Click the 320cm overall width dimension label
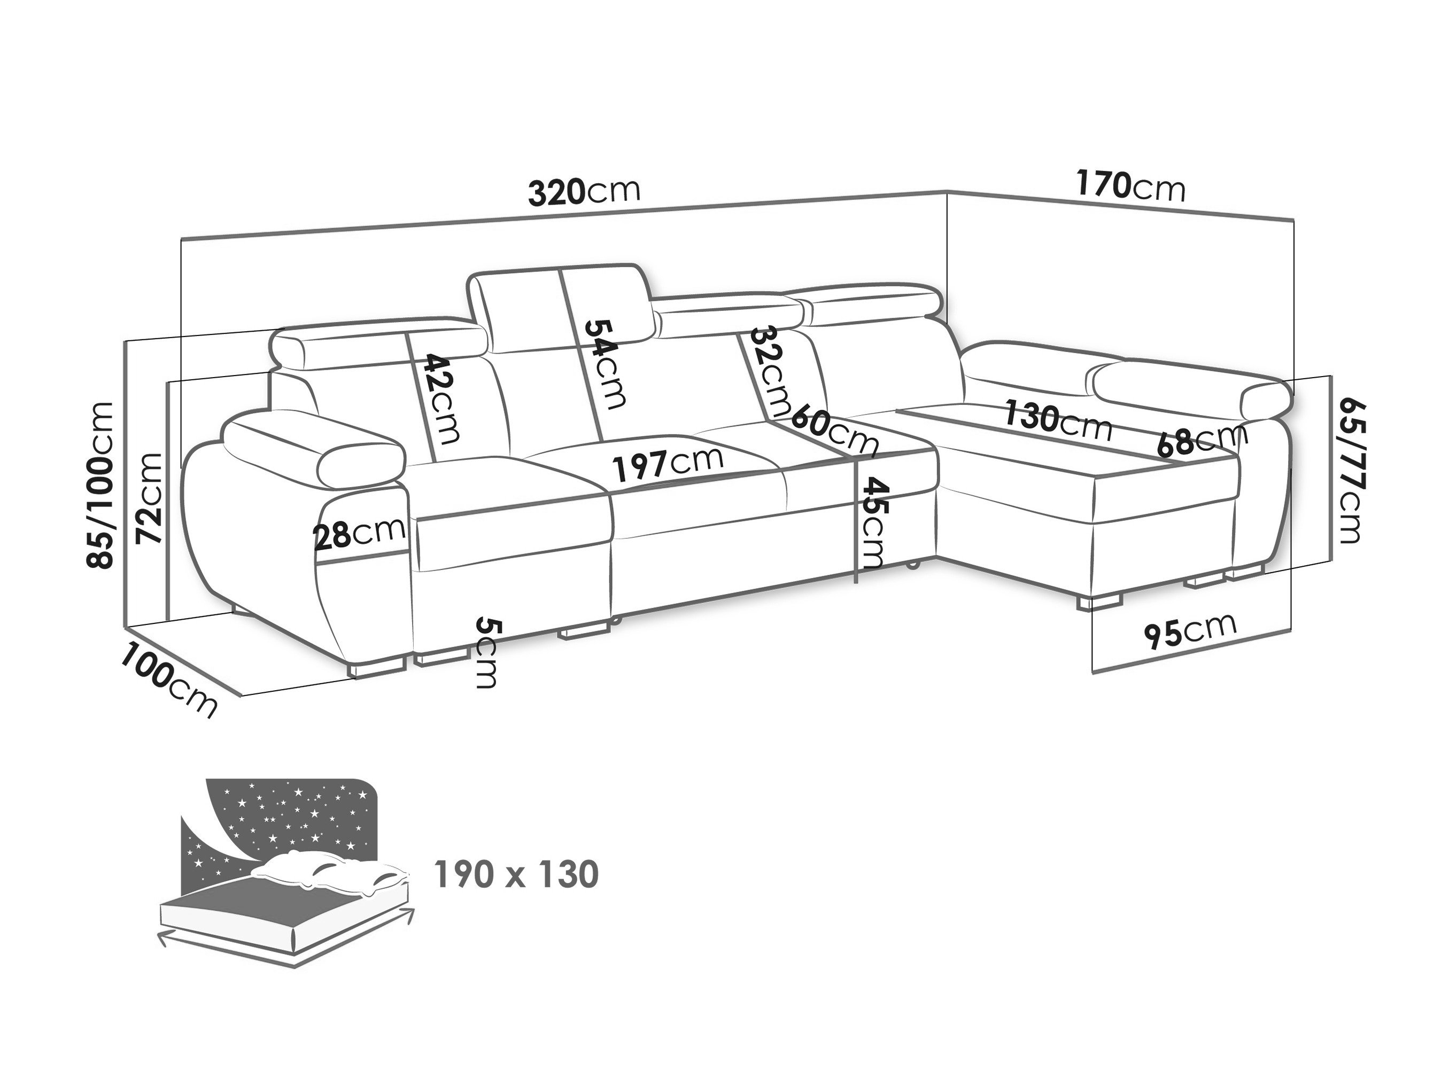tap(584, 192)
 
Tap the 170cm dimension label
tap(1130, 186)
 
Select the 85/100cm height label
tap(101, 485)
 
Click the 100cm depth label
tap(168, 681)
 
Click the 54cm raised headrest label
tap(605, 364)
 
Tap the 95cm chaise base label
tap(1191, 630)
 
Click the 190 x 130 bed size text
tap(516, 874)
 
